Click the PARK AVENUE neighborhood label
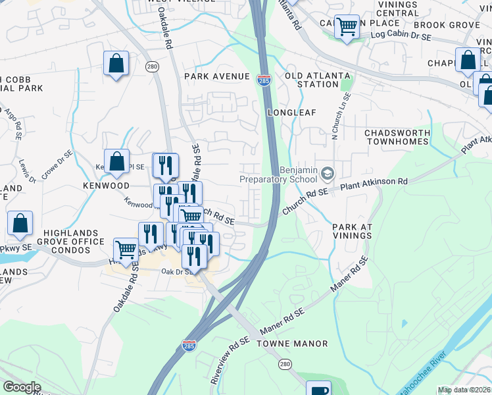(216, 76)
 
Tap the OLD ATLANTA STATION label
(318, 80)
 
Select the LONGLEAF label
(291, 113)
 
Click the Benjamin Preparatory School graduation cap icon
(327, 172)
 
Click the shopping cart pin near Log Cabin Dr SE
(347, 28)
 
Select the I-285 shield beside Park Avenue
(263, 80)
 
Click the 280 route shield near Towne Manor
(284, 363)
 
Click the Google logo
(22, 387)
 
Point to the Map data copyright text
(464, 390)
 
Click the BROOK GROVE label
(455, 25)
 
